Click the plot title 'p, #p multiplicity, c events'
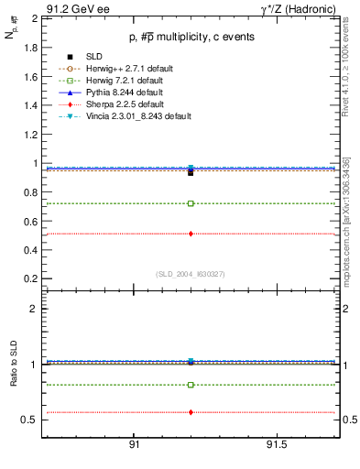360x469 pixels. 190,37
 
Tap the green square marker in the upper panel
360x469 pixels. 191,203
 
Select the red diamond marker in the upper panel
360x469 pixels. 191,234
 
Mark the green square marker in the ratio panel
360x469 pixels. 191,385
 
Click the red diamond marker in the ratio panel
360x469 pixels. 191,412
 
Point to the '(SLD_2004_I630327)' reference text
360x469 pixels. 191,274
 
